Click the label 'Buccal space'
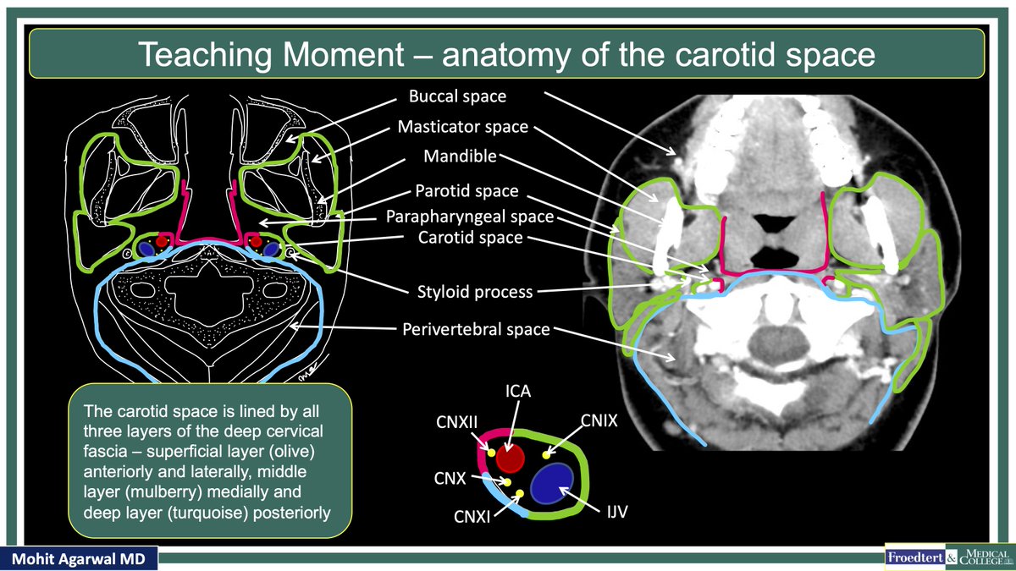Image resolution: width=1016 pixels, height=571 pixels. [x=457, y=96]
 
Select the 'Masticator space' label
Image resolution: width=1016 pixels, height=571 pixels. [x=463, y=128]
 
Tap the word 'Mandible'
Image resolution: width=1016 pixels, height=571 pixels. [x=461, y=156]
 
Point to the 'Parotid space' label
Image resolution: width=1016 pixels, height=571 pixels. [x=467, y=191]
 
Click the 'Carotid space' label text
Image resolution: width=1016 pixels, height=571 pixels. [x=470, y=238]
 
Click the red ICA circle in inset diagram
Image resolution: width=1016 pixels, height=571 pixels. [x=511, y=459]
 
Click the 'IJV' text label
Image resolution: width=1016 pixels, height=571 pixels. [x=615, y=512]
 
